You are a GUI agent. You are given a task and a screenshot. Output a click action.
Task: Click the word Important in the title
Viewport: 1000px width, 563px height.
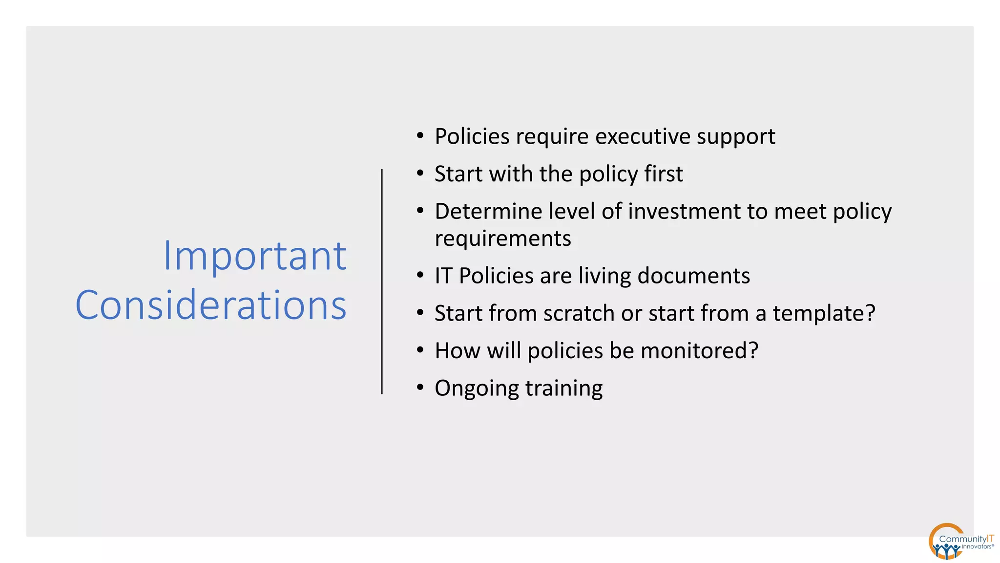pos(254,256)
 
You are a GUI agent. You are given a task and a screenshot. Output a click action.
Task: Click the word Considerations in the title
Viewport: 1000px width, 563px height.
pos(211,305)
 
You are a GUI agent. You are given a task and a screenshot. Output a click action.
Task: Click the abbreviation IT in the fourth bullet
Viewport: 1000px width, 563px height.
pos(443,276)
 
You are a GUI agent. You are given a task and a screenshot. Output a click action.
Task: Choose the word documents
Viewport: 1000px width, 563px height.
pos(694,276)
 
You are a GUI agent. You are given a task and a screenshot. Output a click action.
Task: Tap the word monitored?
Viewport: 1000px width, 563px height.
pos(699,351)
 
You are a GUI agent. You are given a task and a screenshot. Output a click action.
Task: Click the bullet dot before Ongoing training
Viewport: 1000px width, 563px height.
pos(420,388)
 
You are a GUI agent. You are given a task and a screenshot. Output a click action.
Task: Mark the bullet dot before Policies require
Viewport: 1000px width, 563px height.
pos(420,136)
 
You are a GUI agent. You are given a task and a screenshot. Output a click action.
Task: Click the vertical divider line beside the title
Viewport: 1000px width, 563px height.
pos(382,281)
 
